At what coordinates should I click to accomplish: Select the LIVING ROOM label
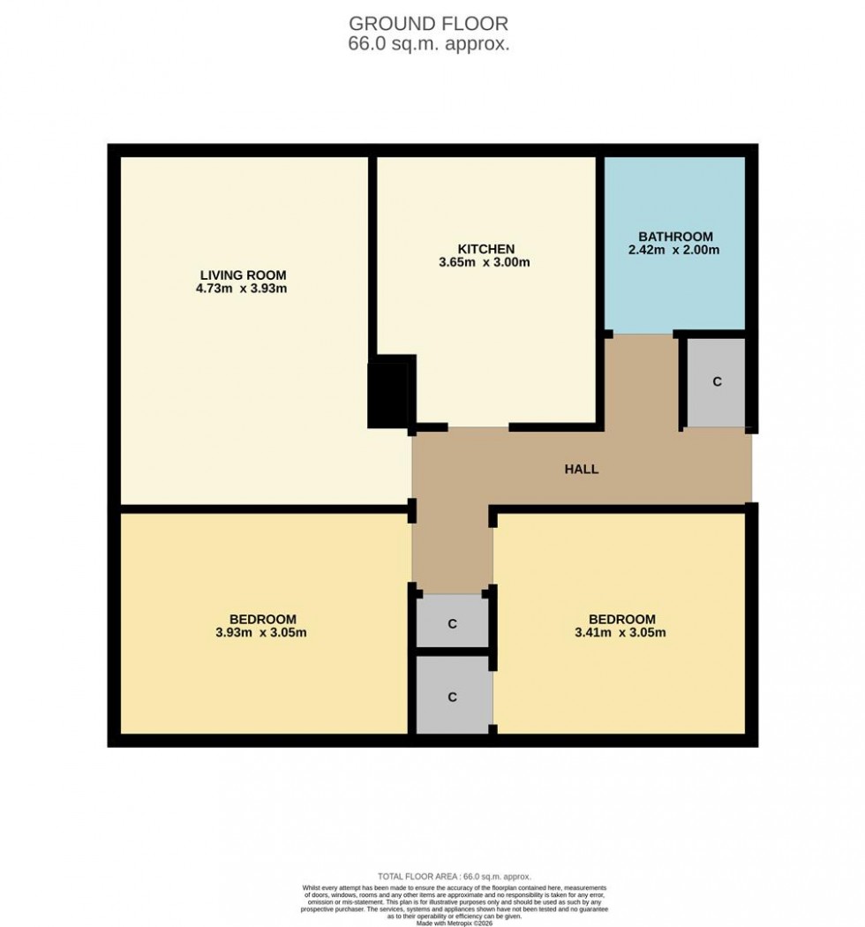(243, 275)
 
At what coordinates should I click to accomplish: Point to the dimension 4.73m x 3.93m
(243, 288)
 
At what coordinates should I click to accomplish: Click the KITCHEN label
(485, 249)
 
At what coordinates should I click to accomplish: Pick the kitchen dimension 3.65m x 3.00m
(485, 262)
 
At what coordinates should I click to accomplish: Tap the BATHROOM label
(675, 237)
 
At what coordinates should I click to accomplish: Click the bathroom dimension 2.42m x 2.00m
(675, 250)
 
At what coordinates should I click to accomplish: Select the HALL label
(582, 469)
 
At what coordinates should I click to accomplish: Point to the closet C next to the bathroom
(717, 382)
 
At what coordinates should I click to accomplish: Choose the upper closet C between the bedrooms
(452, 624)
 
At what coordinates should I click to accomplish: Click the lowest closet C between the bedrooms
(452, 697)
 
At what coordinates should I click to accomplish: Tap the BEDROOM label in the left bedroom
(262, 619)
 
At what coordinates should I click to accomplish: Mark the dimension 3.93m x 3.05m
(262, 632)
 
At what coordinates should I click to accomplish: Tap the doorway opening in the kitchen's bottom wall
(479, 428)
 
